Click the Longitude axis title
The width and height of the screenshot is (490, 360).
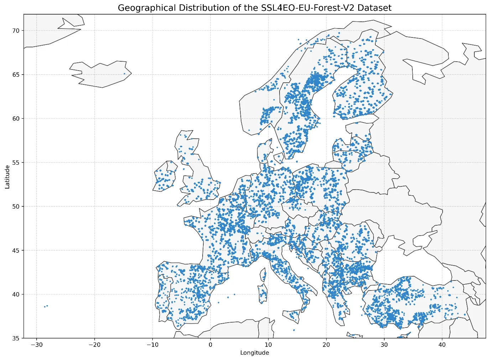255,353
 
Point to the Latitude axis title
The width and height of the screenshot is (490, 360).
7,176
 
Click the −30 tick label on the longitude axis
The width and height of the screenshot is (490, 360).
36,345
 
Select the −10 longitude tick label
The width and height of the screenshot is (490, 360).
152,345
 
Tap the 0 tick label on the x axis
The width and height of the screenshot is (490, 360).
210,345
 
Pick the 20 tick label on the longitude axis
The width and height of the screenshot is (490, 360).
326,345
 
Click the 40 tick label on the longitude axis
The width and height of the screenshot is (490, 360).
442,345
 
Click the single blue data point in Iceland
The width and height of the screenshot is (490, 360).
124,74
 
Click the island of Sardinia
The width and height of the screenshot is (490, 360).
262,294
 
